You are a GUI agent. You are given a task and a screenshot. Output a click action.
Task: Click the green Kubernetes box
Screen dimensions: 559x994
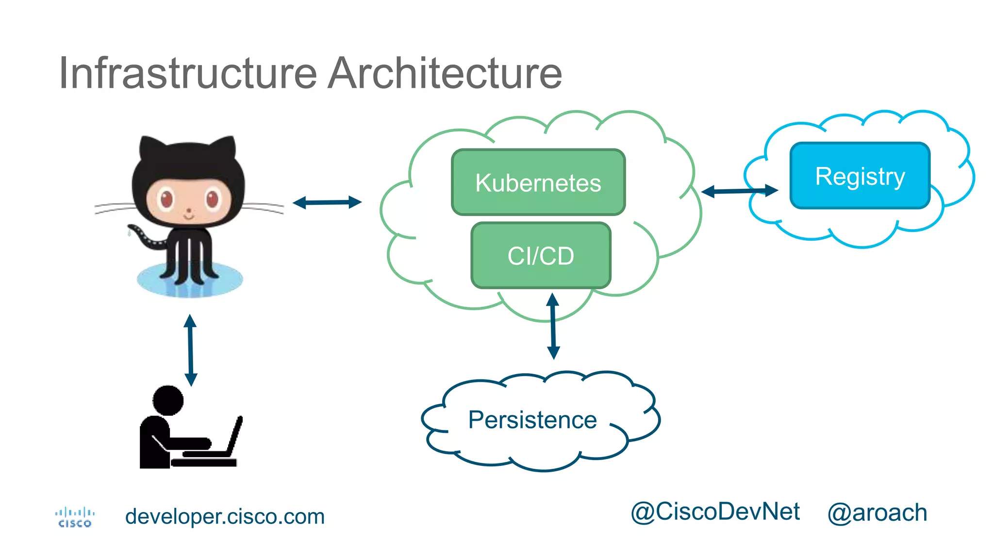pyautogui.click(x=538, y=182)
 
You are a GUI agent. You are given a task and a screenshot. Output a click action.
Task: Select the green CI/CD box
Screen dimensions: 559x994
pyautogui.click(x=541, y=256)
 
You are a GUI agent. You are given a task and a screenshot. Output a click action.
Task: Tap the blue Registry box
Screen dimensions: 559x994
pyautogui.click(x=860, y=176)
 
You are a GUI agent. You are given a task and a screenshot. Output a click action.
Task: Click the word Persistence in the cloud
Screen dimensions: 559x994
pyautogui.click(x=532, y=420)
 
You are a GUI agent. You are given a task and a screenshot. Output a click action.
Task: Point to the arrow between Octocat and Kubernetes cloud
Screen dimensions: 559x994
pyautogui.click(x=327, y=202)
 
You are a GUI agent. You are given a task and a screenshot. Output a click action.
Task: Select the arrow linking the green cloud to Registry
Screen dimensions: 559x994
pyautogui.click(x=739, y=191)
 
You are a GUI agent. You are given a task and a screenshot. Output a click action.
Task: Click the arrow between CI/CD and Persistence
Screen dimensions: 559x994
pyautogui.click(x=553, y=326)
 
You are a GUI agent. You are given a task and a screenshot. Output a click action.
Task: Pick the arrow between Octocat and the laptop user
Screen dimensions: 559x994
pyautogui.click(x=191, y=350)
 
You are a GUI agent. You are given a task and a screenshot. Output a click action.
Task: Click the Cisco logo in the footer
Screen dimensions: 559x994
pyautogui.click(x=74, y=517)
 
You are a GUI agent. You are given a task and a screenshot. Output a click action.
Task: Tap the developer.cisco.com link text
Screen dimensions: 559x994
pyautogui.click(x=225, y=516)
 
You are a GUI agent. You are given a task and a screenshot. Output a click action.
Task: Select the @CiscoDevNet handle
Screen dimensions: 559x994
pyautogui.click(x=715, y=512)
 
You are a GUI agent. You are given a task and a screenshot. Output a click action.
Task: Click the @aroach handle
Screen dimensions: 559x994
pyautogui.click(x=877, y=513)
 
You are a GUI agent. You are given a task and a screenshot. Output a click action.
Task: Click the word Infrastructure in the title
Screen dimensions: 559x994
pyautogui.click(x=188, y=73)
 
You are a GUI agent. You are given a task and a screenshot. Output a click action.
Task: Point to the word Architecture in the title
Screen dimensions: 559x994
pyautogui.click(x=445, y=73)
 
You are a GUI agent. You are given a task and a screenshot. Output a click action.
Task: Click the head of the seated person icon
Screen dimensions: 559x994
pyautogui.click(x=168, y=400)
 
